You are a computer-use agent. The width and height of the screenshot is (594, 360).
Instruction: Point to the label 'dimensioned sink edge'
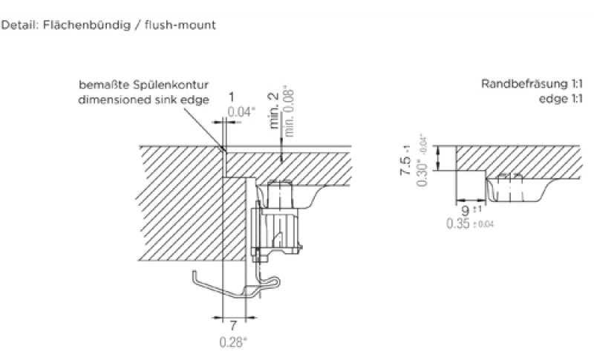[x=144, y=99]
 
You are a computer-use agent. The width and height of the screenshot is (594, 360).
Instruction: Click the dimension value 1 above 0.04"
[x=232, y=97]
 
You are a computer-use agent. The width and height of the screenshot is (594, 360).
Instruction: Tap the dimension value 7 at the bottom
[x=232, y=325]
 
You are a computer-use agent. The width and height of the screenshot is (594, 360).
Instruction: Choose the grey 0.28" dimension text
[x=233, y=341]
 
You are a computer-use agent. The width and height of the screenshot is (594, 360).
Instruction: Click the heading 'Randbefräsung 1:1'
[x=530, y=85]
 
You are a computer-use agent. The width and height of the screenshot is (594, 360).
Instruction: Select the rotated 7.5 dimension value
[x=405, y=161]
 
